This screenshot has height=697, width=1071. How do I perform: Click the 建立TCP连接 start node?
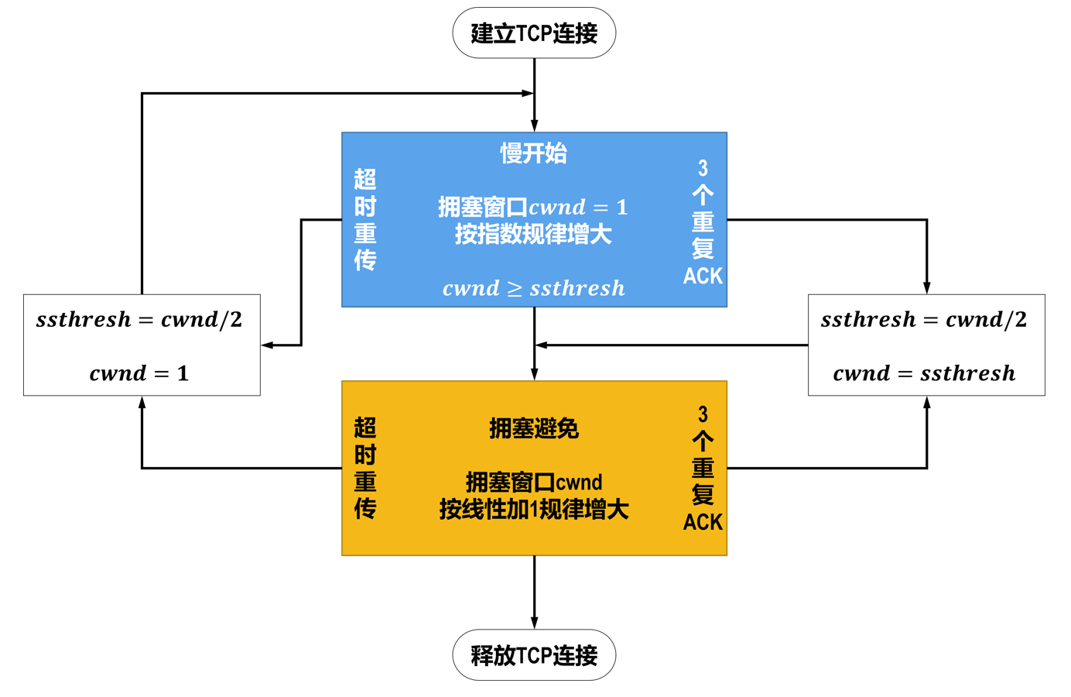pyautogui.click(x=534, y=33)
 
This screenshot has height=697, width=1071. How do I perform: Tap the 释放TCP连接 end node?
pyautogui.click(x=534, y=655)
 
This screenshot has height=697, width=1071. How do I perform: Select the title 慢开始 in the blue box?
pyautogui.click(x=533, y=153)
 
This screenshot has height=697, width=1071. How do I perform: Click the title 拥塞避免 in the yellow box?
pyautogui.click(x=534, y=428)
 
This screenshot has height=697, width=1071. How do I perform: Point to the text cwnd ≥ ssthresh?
pyautogui.click(x=533, y=288)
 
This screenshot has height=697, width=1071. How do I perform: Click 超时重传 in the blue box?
pyautogui.click(x=365, y=220)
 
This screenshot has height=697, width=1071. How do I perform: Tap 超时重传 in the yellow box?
pyautogui.click(x=365, y=468)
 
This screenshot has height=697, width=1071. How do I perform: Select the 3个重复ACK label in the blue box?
pyautogui.click(x=703, y=222)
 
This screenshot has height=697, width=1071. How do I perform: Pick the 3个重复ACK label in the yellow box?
pyautogui.click(x=703, y=469)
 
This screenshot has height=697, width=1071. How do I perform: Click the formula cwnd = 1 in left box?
pyautogui.click(x=139, y=373)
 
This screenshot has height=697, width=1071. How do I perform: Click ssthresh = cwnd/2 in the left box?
pyautogui.click(x=139, y=319)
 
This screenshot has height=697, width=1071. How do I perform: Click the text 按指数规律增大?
pyautogui.click(x=533, y=234)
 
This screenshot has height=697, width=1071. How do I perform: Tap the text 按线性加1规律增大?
pyautogui.click(x=534, y=510)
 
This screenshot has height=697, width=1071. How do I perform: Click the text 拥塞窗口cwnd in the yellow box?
pyautogui.click(x=534, y=482)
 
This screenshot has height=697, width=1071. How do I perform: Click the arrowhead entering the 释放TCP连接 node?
pyautogui.click(x=534, y=623)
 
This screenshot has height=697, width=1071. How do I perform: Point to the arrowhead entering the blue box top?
pyautogui.click(x=534, y=125)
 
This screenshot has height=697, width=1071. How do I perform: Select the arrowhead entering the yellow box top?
pyautogui.click(x=534, y=374)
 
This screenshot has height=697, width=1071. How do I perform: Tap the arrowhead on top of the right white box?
pyautogui.click(x=926, y=288)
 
